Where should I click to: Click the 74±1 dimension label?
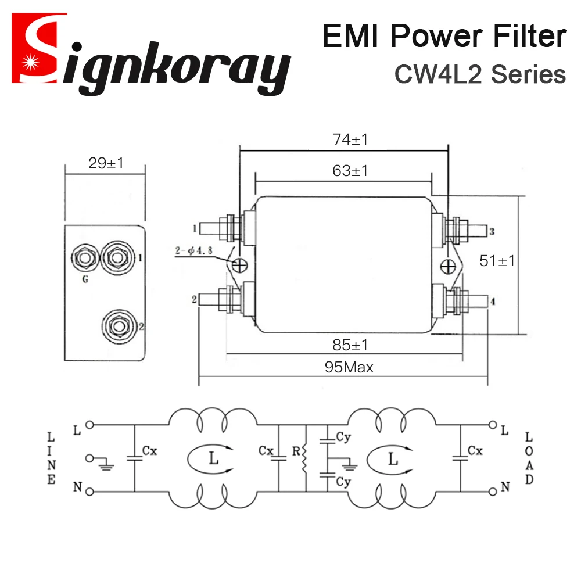click(351, 139)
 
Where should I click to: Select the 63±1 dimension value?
click(351, 171)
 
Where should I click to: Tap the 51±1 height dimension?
click(497, 261)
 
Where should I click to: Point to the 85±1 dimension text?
click(351, 345)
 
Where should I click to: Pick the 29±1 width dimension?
click(106, 163)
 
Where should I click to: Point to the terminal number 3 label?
click(492, 232)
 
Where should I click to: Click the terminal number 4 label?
click(492, 302)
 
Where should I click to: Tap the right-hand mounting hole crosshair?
click(448, 266)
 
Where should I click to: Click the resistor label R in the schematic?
click(297, 451)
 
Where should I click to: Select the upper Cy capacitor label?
click(343, 436)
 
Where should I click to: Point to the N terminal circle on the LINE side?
click(89, 492)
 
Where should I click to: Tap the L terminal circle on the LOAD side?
click(493, 425)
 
